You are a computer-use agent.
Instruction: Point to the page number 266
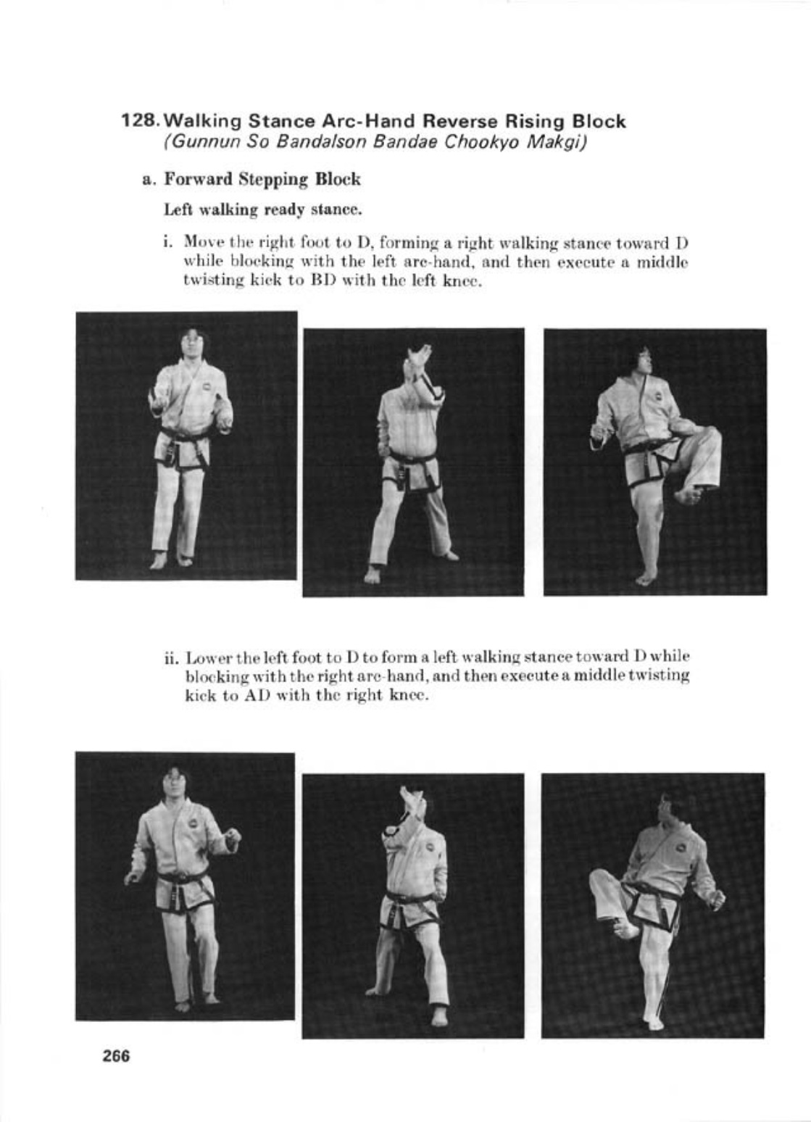click(116, 1056)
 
